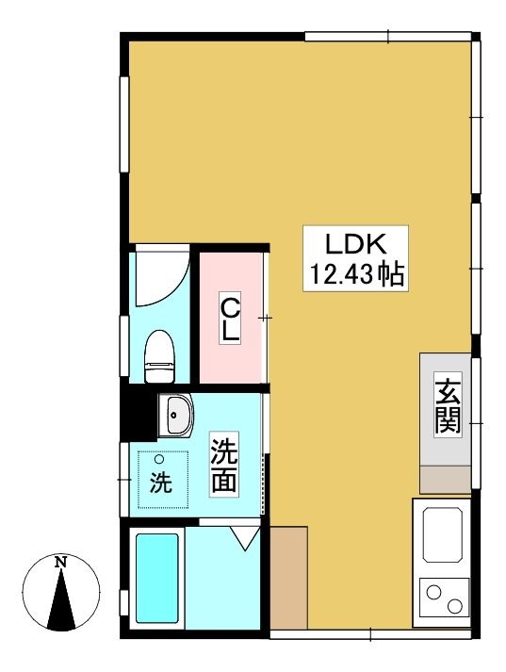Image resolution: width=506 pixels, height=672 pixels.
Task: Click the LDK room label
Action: [x=356, y=244]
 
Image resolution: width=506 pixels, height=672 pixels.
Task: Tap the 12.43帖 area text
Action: [x=356, y=273]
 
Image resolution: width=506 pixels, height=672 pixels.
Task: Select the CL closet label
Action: [x=230, y=317]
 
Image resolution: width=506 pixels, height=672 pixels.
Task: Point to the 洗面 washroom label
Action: [x=224, y=464]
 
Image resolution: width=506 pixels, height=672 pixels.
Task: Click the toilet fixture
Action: [x=160, y=356]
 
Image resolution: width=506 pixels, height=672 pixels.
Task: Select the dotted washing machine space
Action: [x=163, y=479]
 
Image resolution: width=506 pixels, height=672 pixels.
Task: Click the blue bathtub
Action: [x=156, y=578]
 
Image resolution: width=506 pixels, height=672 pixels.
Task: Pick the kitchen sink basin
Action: [x=443, y=535]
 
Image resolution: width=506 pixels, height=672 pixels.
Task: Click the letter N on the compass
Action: [x=62, y=562]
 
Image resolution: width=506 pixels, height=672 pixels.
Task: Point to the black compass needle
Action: [x=62, y=600]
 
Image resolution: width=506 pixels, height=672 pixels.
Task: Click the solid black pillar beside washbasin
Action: [x=138, y=411]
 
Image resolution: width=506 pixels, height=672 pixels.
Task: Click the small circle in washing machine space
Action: [x=159, y=459]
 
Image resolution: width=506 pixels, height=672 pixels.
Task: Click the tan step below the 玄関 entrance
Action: [x=445, y=480]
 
